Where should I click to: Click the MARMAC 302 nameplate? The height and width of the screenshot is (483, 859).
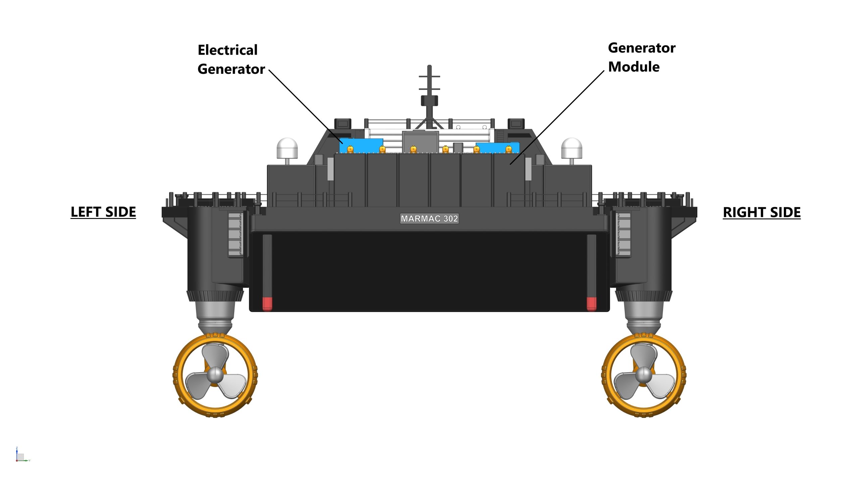coord(429,219)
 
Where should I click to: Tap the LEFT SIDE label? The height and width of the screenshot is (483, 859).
coord(103,212)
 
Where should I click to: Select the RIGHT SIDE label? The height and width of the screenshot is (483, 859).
coord(762,212)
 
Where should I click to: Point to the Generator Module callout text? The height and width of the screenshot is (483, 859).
coord(641,57)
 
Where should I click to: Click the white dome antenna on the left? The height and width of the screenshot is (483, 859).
coord(287,148)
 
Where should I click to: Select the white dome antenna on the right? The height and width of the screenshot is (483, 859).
coord(571,148)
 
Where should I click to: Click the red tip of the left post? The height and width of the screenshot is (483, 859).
coord(267,304)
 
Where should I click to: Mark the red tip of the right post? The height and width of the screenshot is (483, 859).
coord(591,304)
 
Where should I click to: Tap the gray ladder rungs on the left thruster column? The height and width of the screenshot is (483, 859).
coord(235,235)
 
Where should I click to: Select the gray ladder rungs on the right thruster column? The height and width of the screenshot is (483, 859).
coord(623,235)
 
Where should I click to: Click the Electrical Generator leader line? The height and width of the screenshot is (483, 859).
coord(305,107)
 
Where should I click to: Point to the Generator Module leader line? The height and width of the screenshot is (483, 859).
coord(557,117)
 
